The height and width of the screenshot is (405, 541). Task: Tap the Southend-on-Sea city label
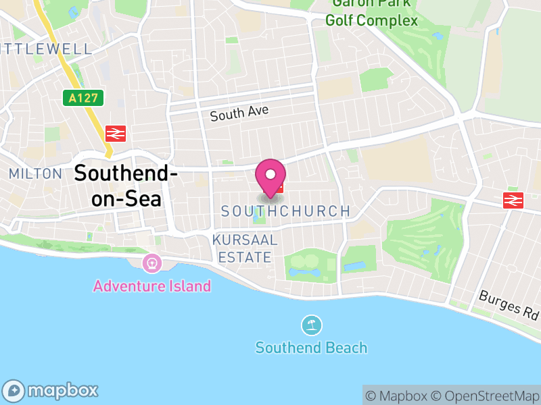point(126,186)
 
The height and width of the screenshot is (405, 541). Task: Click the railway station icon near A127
point(114,133)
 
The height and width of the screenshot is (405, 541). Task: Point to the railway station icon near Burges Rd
point(513,200)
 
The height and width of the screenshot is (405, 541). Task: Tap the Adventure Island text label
point(152,286)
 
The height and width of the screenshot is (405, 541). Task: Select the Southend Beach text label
point(311,348)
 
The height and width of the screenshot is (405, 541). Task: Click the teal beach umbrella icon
point(311,325)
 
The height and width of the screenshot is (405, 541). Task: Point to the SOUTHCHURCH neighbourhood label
point(286,211)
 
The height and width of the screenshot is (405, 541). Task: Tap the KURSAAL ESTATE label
point(245,248)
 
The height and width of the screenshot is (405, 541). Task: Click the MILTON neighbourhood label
point(35,173)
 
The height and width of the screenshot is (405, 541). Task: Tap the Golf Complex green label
point(371,20)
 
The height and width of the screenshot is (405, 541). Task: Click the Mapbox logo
point(52,390)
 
